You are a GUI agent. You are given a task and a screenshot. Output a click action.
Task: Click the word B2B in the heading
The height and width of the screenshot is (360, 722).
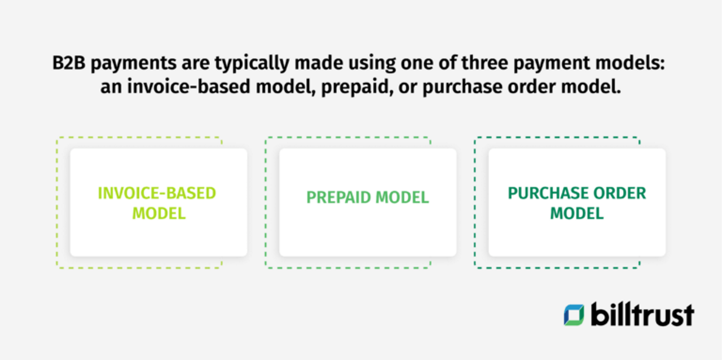[x=69, y=63]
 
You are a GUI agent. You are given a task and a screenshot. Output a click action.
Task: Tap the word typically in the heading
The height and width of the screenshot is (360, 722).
[x=252, y=64]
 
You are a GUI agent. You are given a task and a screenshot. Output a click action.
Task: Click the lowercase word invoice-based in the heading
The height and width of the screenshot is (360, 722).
[x=188, y=86]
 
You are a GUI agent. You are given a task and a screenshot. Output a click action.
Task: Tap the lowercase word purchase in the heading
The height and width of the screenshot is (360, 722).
[x=462, y=87]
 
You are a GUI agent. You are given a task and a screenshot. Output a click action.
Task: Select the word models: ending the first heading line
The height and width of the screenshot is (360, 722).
[x=630, y=63]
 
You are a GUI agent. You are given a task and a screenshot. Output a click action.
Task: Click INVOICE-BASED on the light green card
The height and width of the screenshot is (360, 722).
[x=157, y=193]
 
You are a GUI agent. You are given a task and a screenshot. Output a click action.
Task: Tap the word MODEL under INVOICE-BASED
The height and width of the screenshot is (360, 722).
[x=159, y=213]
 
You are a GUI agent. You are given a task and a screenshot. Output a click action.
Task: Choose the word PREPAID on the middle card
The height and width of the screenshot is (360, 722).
[x=338, y=197]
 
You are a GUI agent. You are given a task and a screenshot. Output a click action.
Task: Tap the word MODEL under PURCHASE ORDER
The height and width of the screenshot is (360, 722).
[x=577, y=213]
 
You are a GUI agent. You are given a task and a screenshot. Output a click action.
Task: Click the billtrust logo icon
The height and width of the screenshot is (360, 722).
[x=574, y=315]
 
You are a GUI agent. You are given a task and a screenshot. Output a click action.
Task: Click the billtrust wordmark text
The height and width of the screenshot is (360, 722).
[x=642, y=314]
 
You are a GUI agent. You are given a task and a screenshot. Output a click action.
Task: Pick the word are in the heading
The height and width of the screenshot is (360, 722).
[x=196, y=64]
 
